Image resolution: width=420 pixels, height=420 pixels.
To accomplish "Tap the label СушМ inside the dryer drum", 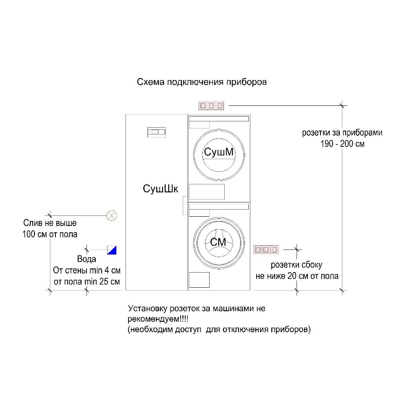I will tap(218, 152).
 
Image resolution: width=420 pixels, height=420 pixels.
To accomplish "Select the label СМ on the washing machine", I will tap(218, 242).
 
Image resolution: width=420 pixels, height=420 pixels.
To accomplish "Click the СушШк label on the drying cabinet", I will tap(157, 189).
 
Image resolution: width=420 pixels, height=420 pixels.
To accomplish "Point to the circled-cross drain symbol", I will tap(111, 215).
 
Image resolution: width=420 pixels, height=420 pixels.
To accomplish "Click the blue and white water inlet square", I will tap(112, 249).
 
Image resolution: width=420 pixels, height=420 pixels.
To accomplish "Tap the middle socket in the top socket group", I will tap(211, 105).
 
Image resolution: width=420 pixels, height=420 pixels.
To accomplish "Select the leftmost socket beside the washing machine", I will tap(258, 249).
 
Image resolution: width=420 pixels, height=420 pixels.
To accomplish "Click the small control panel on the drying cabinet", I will tap(156, 132).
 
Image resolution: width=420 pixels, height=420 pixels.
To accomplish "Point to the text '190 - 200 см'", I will tap(342, 144).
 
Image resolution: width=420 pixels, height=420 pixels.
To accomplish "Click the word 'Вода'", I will tap(87, 259).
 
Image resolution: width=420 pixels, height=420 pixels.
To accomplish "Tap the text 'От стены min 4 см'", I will tap(87, 270).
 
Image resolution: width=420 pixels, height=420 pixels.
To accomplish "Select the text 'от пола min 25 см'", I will tap(87, 281).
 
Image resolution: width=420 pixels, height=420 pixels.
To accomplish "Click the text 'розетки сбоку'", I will tap(297, 265).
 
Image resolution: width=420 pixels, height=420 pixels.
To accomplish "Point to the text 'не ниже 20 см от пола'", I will tap(297, 276).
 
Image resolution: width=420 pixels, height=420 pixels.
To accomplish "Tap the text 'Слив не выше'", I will tap(50, 223).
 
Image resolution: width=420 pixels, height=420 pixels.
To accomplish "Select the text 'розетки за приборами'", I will tap(342, 133).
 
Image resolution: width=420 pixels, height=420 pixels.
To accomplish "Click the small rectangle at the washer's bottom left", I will tap(199, 280).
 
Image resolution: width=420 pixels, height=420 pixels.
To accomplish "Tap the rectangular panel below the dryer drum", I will tap(207, 192).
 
